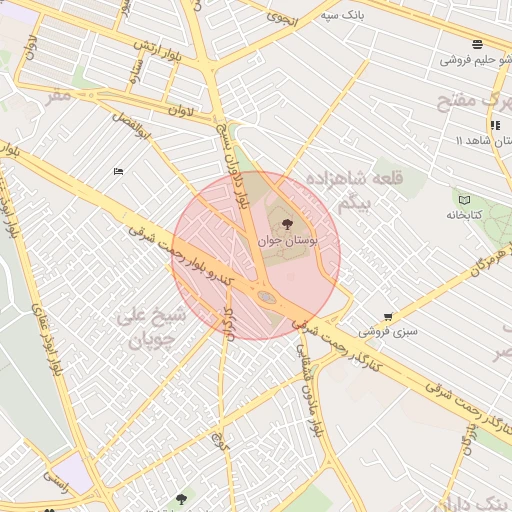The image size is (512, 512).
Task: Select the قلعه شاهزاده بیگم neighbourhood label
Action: click(371, 191)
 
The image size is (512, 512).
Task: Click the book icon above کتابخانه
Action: click(463, 199)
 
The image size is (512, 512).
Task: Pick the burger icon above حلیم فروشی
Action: click(476, 44)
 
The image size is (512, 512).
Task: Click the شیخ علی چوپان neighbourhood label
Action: click(151, 327)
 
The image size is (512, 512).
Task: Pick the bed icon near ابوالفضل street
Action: click(119, 171)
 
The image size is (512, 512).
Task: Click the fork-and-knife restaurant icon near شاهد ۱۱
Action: click(495, 125)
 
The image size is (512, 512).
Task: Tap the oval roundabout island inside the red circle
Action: click(266, 296)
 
